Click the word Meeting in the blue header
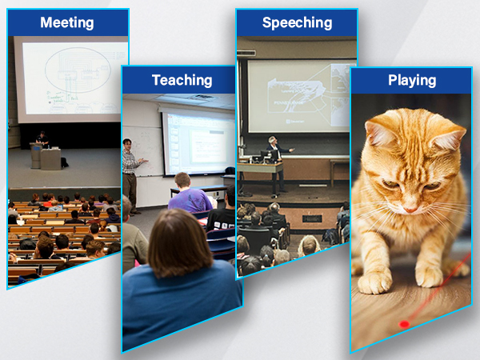click(x=66, y=22)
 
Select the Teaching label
click(x=182, y=80)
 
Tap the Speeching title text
click(x=297, y=22)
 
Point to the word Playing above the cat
click(x=411, y=80)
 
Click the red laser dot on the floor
click(x=404, y=324)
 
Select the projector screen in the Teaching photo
click(x=198, y=142)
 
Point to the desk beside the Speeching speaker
click(x=259, y=169)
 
